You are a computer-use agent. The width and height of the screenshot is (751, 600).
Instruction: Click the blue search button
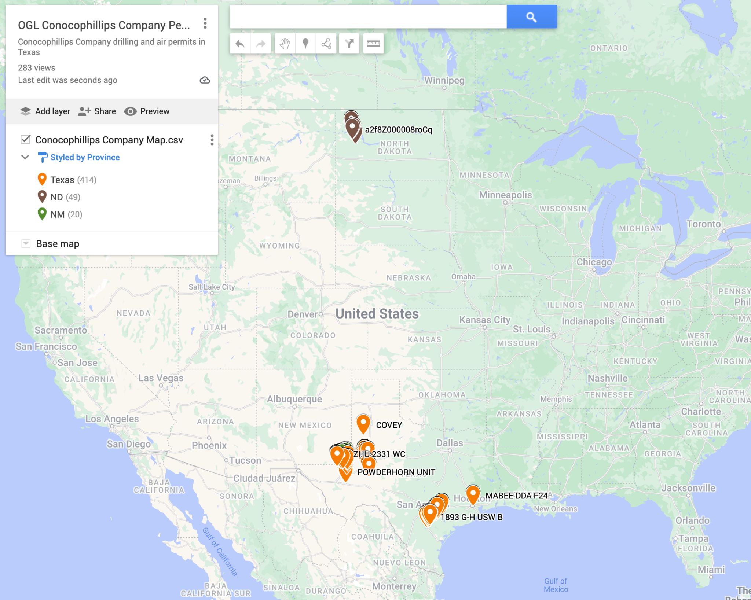531,17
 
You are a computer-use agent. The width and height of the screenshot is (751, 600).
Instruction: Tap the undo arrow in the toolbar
240,44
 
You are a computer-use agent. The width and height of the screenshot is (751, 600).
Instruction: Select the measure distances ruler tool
373,44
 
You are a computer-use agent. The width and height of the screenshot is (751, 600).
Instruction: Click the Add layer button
45,111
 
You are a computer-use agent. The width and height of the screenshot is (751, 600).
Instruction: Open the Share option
97,111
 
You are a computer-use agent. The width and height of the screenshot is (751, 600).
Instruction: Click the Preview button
147,111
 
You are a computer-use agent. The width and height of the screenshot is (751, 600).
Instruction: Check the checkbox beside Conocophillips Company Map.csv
26,140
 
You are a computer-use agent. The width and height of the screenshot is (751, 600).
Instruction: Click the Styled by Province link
85,157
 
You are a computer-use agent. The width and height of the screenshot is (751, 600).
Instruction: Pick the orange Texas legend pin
42,179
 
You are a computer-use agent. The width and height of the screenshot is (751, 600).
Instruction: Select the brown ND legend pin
42,196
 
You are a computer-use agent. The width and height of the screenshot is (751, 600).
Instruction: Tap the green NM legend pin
42,214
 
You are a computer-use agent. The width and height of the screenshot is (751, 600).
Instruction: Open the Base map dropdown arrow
26,244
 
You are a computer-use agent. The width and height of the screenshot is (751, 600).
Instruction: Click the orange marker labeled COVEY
363,423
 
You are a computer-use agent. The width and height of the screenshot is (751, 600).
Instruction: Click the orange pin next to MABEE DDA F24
473,494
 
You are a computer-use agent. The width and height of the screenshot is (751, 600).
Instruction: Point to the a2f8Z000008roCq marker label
398,130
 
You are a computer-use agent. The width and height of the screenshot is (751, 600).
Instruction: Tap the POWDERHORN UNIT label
396,472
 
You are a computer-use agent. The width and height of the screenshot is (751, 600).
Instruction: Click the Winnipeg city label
444,81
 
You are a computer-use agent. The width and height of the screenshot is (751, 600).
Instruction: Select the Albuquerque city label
294,399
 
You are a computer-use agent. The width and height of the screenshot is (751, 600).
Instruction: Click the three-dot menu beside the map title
205,23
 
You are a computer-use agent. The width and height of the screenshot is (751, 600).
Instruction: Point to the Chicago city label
594,262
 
